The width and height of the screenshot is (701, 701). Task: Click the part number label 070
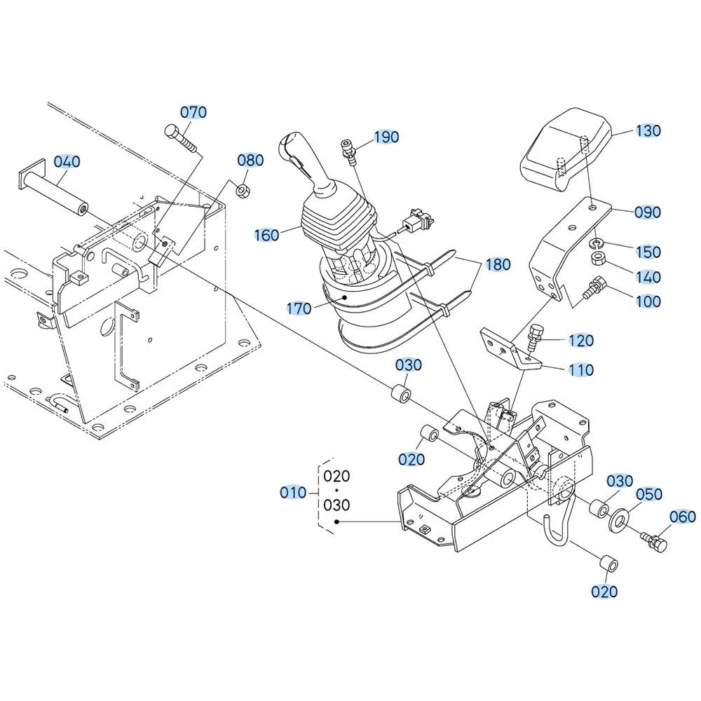[193, 111]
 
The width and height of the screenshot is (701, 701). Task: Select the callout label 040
[67, 161]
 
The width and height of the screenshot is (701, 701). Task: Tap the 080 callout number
[250, 160]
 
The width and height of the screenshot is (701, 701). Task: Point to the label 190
[386, 137]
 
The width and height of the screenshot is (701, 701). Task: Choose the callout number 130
[648, 130]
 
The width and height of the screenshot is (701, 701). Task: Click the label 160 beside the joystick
[267, 235]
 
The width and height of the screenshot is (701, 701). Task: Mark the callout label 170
[299, 308]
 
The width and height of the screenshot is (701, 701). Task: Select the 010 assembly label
[293, 493]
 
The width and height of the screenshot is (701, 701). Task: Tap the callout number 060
[683, 517]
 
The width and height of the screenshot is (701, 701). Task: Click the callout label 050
[648, 494]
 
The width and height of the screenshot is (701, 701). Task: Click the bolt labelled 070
[181, 139]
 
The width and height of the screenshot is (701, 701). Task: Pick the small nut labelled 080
[242, 191]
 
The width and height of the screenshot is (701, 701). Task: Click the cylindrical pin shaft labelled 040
[53, 189]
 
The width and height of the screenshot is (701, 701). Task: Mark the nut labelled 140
[598, 259]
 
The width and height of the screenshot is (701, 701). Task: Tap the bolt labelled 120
[533, 339]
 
